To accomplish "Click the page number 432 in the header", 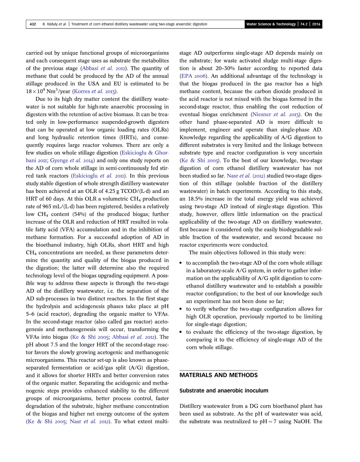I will tap(33, 24).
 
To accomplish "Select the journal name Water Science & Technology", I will tap(271, 24).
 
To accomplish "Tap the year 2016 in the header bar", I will tap(316, 24).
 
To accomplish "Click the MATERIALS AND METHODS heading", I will tap(218, 375).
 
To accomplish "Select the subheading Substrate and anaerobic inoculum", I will tap(224, 391).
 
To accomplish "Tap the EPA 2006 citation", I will tap(193, 76).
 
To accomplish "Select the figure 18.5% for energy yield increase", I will tap(195, 199).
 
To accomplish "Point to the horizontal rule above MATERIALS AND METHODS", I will tap(218, 370).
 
